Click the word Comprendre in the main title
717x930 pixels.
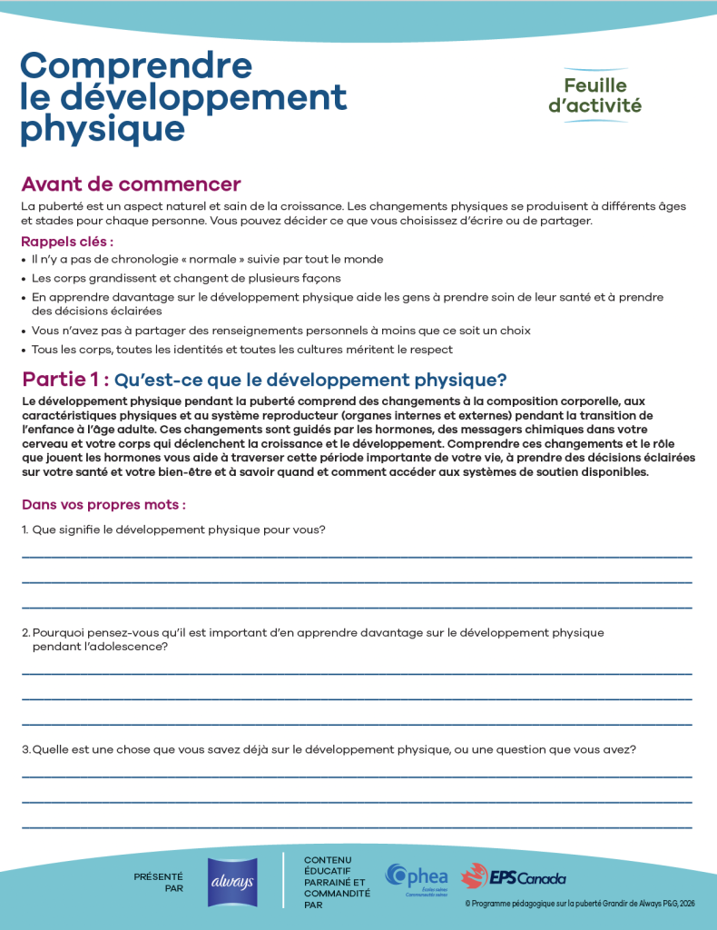coord(136,66)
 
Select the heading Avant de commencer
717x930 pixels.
coord(131,185)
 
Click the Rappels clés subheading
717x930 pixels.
coord(67,242)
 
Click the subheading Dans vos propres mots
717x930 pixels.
coord(103,504)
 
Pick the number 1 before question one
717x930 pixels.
coord(25,529)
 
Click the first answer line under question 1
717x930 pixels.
coord(356,556)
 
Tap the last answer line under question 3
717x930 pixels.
coord(356,827)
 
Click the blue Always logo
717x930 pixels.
coord(231,882)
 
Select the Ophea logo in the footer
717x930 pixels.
coord(417,878)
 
